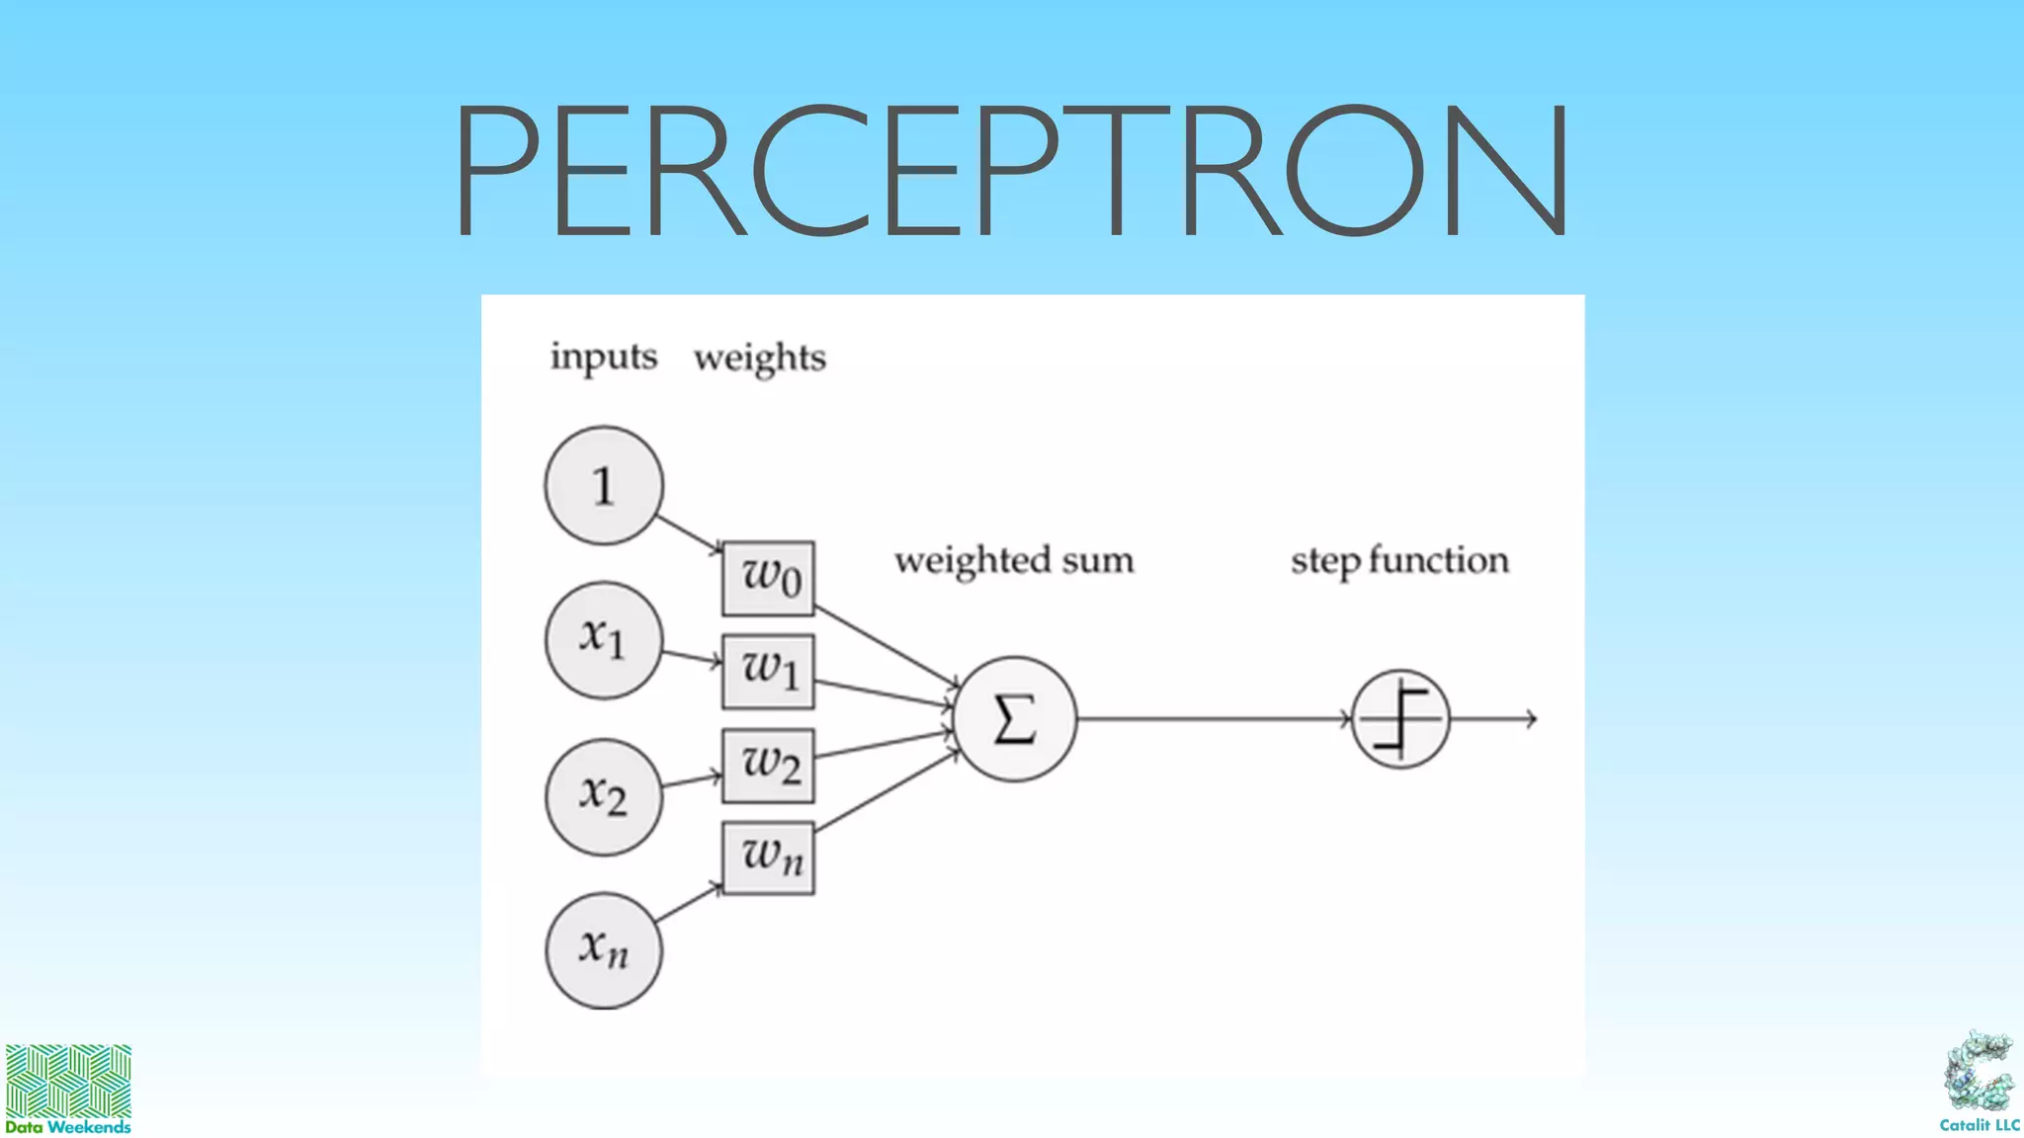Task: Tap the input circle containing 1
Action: tap(603, 485)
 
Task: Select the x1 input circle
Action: tap(603, 639)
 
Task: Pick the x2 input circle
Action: tap(603, 795)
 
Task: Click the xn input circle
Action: tap(603, 949)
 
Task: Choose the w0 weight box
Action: tap(768, 578)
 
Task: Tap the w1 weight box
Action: tap(768, 672)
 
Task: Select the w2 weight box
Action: tap(768, 766)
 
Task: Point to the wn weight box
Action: tap(768, 857)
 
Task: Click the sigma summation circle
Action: tap(1014, 719)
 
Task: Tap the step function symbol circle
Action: tap(1399, 719)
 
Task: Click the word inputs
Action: tap(603, 357)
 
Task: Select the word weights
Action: tap(759, 358)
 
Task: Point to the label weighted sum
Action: tap(1014, 560)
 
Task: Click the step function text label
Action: tap(1399, 560)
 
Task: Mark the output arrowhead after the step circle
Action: tap(1531, 719)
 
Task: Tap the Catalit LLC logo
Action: tap(1979, 1081)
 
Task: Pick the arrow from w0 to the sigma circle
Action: tap(885, 645)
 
